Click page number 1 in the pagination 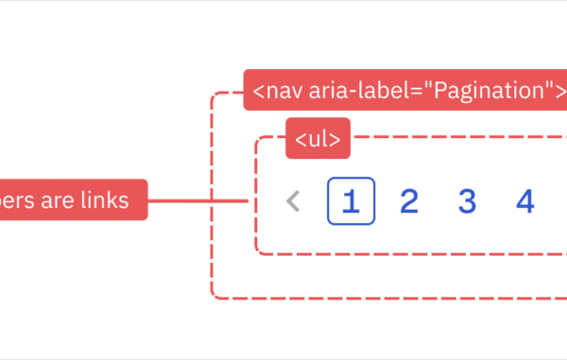(352, 201)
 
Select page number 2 (409, 201)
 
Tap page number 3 (467, 201)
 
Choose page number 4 (525, 201)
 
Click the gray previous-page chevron (294, 201)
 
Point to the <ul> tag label (318, 139)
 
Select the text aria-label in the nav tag (351, 91)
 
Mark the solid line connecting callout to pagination (198, 200)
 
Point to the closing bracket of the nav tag (560, 91)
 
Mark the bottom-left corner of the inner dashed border (257, 251)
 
